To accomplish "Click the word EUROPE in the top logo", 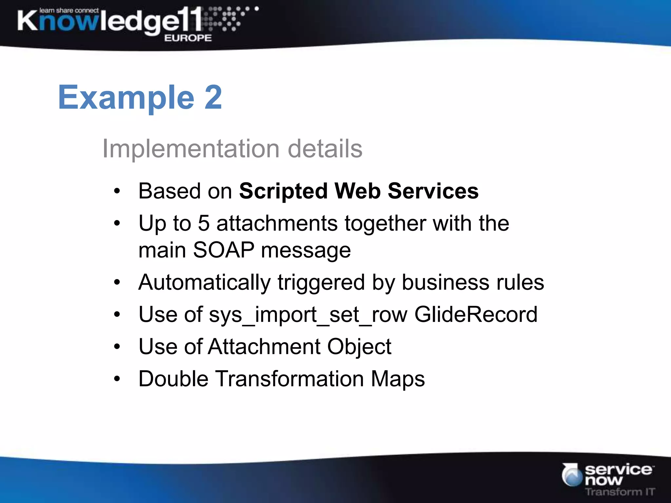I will click(188, 38).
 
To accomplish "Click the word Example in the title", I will click(126, 98).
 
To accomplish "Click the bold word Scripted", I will click(283, 191).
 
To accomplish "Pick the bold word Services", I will click(433, 191).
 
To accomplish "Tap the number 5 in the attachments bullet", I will click(203, 223).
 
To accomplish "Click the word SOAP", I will click(224, 250).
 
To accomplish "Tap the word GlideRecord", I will click(476, 314).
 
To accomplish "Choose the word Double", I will click(173, 379).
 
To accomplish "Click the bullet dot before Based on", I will click(117, 191).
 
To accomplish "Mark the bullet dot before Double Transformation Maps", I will click(117, 379).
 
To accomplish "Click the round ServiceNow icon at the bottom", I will click(572, 475).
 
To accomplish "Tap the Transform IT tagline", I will click(620, 492).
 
